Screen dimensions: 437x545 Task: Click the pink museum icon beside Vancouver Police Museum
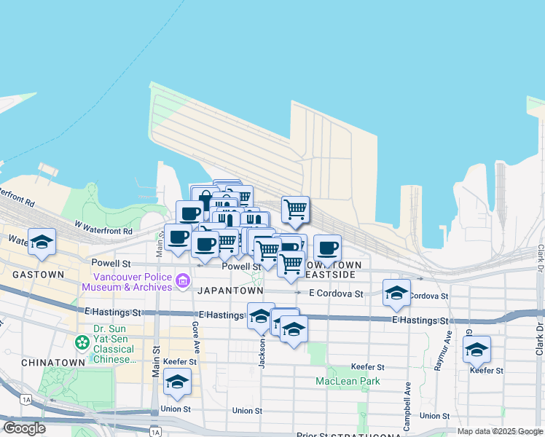pyautogui.click(x=182, y=280)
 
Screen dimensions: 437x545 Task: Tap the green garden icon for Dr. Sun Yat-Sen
pyautogui.click(x=81, y=341)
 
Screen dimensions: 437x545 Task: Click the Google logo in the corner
pyautogui.click(x=24, y=428)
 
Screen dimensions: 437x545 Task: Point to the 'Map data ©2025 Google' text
pyautogui.click(x=499, y=431)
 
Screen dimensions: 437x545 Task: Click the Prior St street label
pyautogui.click(x=312, y=435)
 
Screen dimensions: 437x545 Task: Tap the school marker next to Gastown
pyautogui.click(x=42, y=242)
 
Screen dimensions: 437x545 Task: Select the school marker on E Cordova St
pyautogui.click(x=396, y=292)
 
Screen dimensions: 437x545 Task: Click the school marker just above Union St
pyautogui.click(x=177, y=381)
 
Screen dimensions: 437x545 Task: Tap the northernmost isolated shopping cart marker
pyautogui.click(x=295, y=209)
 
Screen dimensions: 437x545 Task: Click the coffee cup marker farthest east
pyautogui.click(x=328, y=248)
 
